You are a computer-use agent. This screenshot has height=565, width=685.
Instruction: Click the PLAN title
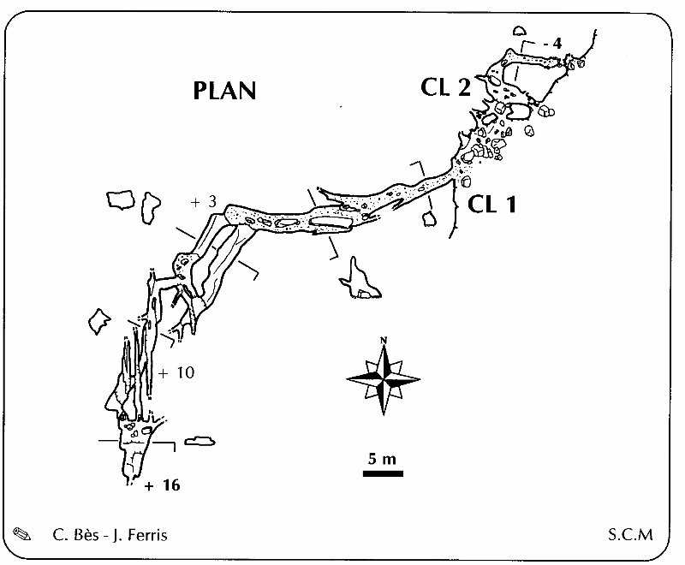click(x=224, y=90)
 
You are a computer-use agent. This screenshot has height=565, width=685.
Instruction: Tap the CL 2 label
click(x=445, y=86)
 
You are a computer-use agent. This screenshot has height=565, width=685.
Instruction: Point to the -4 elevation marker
click(x=551, y=43)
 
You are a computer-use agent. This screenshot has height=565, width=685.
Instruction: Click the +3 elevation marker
click(x=203, y=202)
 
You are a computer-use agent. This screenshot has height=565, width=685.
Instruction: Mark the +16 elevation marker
click(x=163, y=485)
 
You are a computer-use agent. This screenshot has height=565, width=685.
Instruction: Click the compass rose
click(x=384, y=376)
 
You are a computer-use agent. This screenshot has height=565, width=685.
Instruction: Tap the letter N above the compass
click(x=384, y=342)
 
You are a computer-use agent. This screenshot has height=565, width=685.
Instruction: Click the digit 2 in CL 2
click(x=464, y=86)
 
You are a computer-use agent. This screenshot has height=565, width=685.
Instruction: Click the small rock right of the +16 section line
click(x=199, y=441)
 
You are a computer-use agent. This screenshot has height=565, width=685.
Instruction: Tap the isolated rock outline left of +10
click(x=100, y=321)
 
